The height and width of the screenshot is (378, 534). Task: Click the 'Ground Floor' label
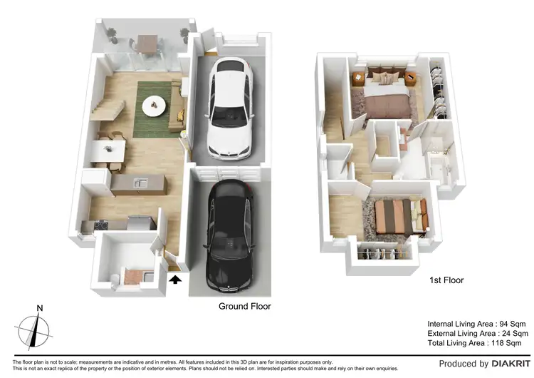[244, 306]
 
